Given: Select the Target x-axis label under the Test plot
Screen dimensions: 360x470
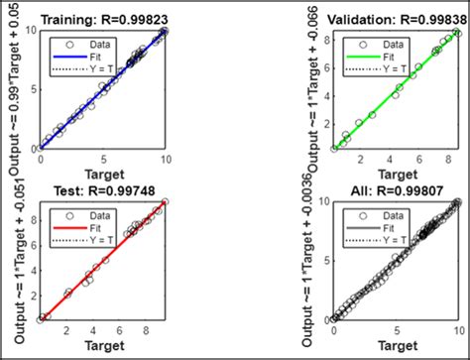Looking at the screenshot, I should pyautogui.click(x=102, y=347).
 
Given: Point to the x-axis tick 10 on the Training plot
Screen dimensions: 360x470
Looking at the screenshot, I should pyautogui.click(x=165, y=160).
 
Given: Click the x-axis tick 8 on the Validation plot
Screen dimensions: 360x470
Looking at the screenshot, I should pyautogui.click(x=446, y=160).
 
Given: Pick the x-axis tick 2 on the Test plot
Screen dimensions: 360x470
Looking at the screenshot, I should pyautogui.click(x=67, y=330).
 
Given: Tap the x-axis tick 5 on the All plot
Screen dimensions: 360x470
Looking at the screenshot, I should pyautogui.click(x=396, y=330).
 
